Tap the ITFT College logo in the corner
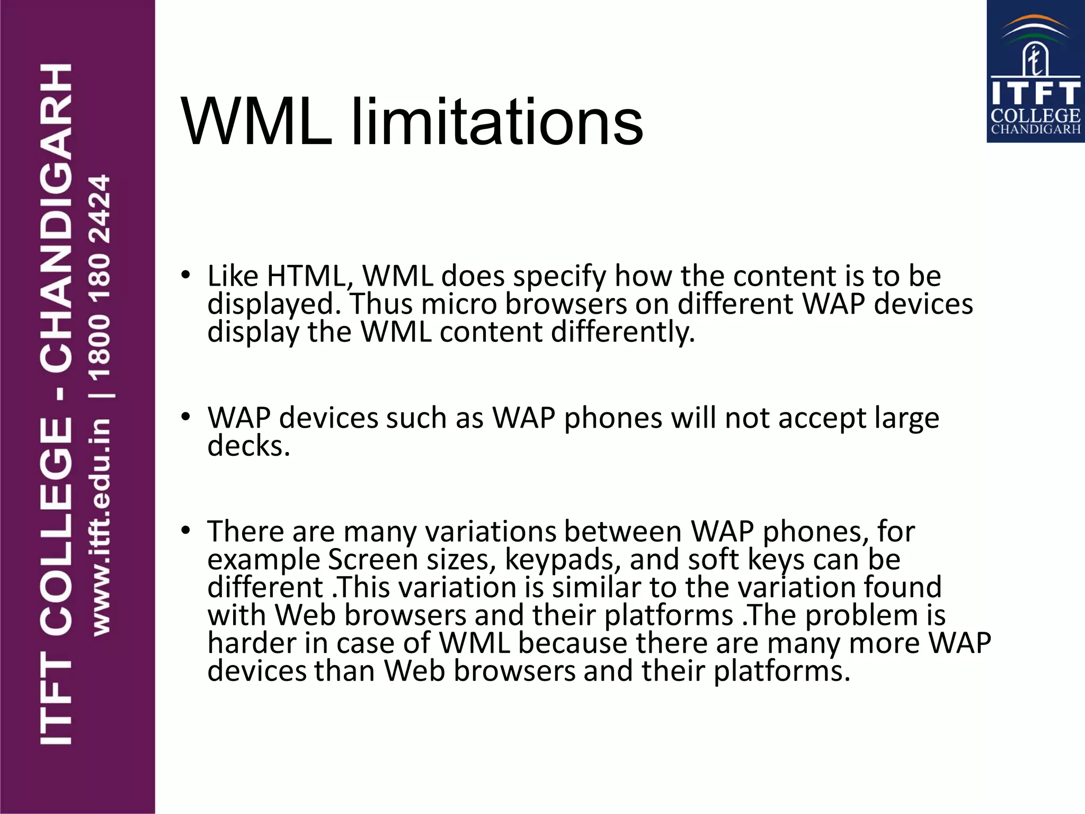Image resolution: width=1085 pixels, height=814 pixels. point(1035,72)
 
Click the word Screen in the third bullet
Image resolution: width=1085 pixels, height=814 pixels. point(373,560)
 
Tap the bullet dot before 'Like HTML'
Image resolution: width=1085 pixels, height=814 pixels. point(185,275)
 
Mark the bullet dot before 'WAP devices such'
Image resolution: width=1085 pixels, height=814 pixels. point(185,417)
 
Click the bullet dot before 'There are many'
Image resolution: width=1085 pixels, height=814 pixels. point(185,530)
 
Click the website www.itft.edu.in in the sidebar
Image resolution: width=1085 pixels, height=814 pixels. point(101,527)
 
